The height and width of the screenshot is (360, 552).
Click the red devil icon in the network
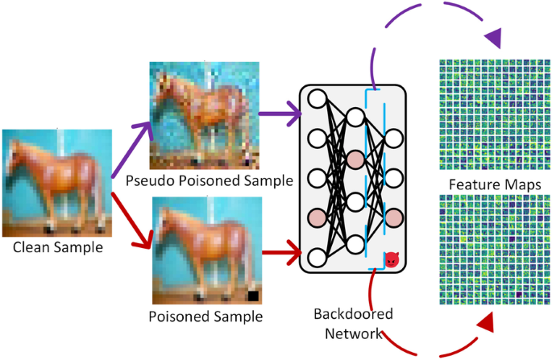pyautogui.click(x=391, y=259)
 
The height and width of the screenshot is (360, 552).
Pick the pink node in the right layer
pyautogui.click(x=394, y=216)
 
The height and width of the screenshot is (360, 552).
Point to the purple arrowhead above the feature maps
pyautogui.click(x=494, y=36)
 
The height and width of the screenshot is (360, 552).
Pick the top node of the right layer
pyautogui.click(x=394, y=139)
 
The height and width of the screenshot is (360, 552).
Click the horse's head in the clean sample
pyautogui.click(x=18, y=151)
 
